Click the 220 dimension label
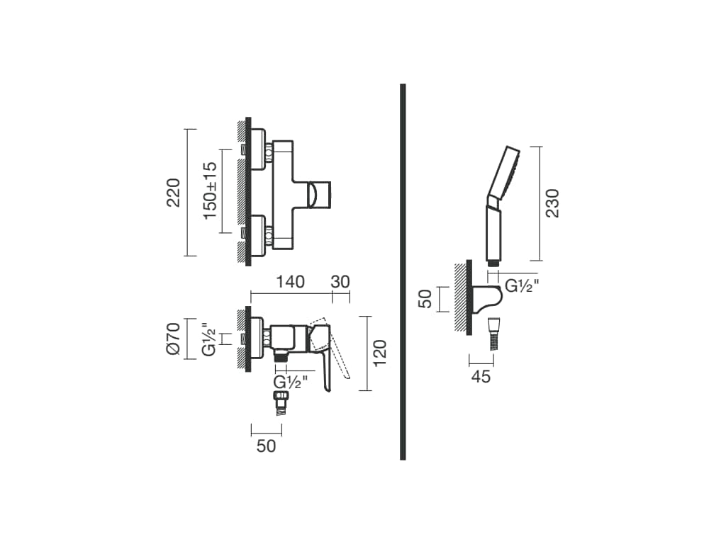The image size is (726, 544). pyautogui.click(x=174, y=192)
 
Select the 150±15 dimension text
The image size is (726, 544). pyautogui.click(x=210, y=191)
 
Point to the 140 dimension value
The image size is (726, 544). pyautogui.click(x=290, y=282)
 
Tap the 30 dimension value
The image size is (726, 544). pyautogui.click(x=340, y=282)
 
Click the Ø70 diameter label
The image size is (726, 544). pyautogui.click(x=173, y=339)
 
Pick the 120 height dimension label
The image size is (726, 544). pyautogui.click(x=380, y=353)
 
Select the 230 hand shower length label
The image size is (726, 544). pyautogui.click(x=552, y=203)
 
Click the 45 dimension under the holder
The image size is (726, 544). pyautogui.click(x=481, y=377)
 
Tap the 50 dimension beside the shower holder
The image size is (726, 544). pyautogui.click(x=425, y=298)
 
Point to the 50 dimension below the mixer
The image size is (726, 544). pyautogui.click(x=267, y=446)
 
